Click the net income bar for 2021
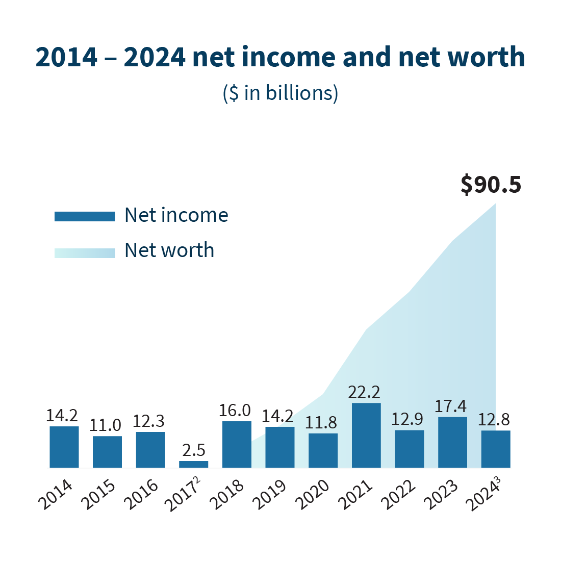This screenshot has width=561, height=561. pyautogui.click(x=366, y=435)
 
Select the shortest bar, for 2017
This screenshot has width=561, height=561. pyautogui.click(x=193, y=464)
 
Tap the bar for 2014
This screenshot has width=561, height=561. pyautogui.click(x=64, y=447)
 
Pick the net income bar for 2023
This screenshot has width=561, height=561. pyautogui.click(x=452, y=442)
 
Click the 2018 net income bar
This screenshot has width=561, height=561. pyautogui.click(x=237, y=444)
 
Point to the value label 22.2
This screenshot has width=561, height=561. pyautogui.click(x=364, y=392)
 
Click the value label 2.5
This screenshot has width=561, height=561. pyautogui.click(x=194, y=450)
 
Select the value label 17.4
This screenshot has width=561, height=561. pyautogui.click(x=451, y=406)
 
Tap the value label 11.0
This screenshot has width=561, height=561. pyautogui.click(x=106, y=425)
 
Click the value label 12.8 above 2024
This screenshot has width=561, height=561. pyautogui.click(x=494, y=420)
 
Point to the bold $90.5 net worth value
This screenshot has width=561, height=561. pyautogui.click(x=491, y=185)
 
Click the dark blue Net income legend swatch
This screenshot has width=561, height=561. pyautogui.click(x=85, y=216)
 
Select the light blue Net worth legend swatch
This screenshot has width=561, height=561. pyautogui.click(x=85, y=252)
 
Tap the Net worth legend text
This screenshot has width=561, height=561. pyautogui.click(x=169, y=250)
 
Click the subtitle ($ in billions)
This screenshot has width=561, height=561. pyautogui.click(x=280, y=93)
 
